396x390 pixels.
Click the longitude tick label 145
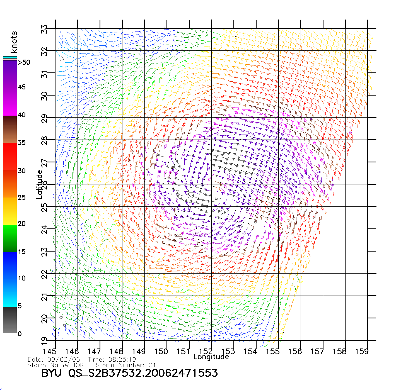coord(49,351)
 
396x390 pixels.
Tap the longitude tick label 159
coord(362,351)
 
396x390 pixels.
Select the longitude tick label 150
coord(161,351)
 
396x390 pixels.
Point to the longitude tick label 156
coord(295,351)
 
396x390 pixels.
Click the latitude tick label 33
coord(45,29)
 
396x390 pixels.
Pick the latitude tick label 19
coord(45,340)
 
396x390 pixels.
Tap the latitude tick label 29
coord(45,118)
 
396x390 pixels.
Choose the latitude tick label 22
coord(45,274)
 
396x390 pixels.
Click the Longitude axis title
coord(211,357)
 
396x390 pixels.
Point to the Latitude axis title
coord(39,184)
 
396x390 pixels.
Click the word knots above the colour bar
coord(14,42)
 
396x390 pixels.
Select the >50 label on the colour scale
coord(24,62)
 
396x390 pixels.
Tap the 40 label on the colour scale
coord(22,115)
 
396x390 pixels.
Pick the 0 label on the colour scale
coord(20,334)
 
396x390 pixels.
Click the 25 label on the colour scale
coord(22,198)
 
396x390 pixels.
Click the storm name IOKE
coord(81,365)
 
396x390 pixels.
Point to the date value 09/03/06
coord(64,359)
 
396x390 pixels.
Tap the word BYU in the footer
coord(51,373)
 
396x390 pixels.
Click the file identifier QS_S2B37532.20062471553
coord(143,373)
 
